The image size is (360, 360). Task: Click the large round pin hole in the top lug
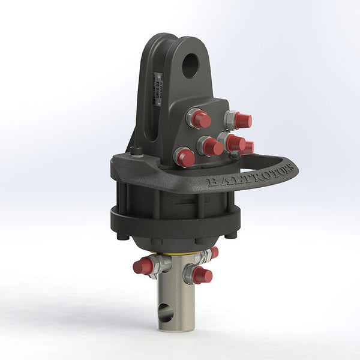190,65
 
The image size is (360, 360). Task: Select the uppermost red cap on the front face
201,120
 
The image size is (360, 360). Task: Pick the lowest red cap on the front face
185,158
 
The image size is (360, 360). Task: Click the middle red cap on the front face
211,146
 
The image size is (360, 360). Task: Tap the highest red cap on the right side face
242,121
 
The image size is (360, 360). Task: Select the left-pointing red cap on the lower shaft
143,266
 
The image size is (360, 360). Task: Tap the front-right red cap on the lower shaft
202,275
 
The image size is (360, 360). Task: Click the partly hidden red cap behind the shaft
214,253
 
